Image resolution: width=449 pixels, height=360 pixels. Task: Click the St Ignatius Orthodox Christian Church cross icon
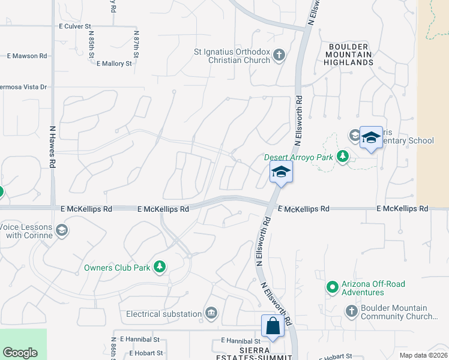click(279, 56)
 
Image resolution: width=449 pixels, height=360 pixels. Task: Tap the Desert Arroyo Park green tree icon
click(343, 157)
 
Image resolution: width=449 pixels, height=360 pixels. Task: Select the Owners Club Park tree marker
click(160, 267)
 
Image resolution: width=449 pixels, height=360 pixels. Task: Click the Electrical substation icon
click(211, 313)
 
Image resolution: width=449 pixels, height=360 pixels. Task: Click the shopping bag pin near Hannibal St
click(273, 327)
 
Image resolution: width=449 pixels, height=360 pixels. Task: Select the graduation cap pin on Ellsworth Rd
click(280, 173)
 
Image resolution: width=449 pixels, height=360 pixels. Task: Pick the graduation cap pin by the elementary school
click(371, 137)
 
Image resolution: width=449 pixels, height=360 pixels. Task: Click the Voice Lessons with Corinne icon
click(61, 230)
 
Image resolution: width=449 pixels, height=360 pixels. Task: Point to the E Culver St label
click(75, 26)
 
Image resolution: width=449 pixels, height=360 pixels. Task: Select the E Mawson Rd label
click(27, 56)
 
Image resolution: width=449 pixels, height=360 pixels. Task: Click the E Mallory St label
click(113, 63)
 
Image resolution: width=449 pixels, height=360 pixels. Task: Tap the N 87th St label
click(136, 46)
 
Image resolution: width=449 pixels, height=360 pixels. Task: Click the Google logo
click(20, 353)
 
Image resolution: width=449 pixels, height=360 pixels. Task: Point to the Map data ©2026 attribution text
click(423, 355)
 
